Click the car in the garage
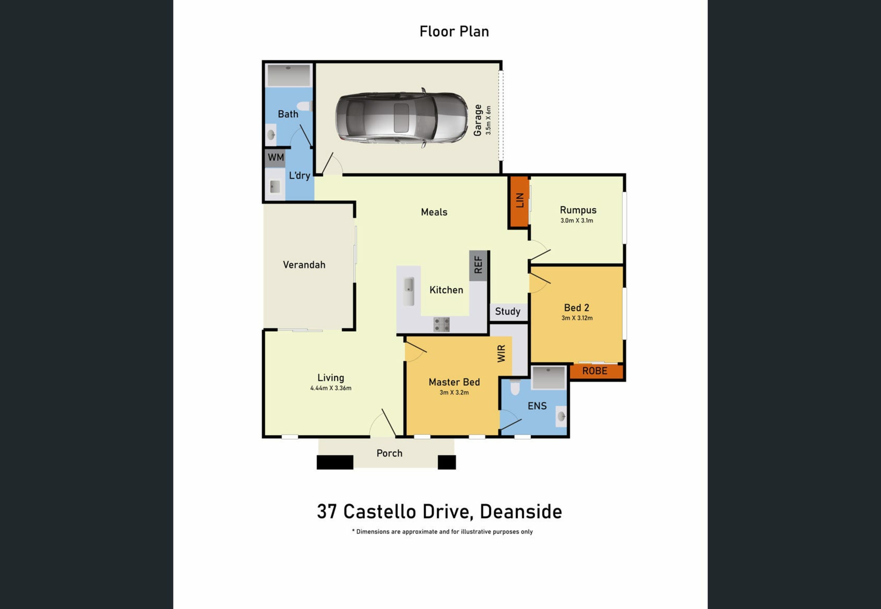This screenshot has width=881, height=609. click(402, 118)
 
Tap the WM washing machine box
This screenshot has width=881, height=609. click(275, 158)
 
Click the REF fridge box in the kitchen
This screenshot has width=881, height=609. click(478, 266)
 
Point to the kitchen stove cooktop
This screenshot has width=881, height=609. click(441, 324)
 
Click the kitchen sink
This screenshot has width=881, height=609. click(408, 291)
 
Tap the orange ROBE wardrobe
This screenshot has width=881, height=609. click(596, 371)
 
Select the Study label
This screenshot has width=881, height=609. click(507, 311)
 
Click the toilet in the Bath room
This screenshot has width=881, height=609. click(304, 106)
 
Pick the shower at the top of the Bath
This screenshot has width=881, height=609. click(289, 75)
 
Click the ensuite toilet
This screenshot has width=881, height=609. click(515, 387)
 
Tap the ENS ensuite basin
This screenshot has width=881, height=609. click(561, 416)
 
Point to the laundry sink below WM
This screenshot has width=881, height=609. click(275, 186)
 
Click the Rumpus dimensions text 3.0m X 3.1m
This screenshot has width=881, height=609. click(577, 221)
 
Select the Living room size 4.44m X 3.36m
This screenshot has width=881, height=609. click(331, 388)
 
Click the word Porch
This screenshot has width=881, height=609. click(390, 453)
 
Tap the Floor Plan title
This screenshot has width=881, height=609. click(454, 31)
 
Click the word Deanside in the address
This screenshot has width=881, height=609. click(521, 512)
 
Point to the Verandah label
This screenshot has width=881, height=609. click(304, 265)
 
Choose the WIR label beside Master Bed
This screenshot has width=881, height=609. click(502, 354)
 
